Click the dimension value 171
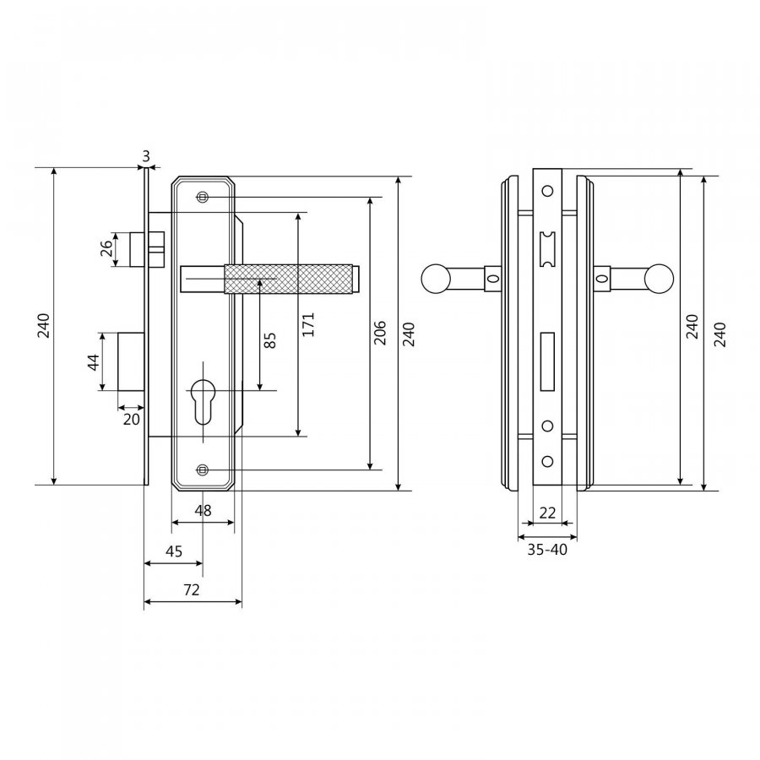pyautogui.click(x=308, y=324)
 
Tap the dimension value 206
pyautogui.click(x=380, y=333)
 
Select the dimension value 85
pyautogui.click(x=270, y=339)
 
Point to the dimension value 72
pyautogui.click(x=192, y=590)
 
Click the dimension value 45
pyautogui.click(x=174, y=551)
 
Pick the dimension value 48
pyautogui.click(x=203, y=510)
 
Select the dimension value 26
pyautogui.click(x=106, y=248)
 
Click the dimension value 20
pyautogui.click(x=132, y=419)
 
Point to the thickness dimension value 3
pyautogui.click(x=146, y=156)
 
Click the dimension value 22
pyautogui.click(x=547, y=513)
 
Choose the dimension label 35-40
pyautogui.click(x=547, y=550)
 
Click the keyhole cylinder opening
pyautogui.click(x=203, y=400)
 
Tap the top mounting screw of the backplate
pyautogui.click(x=203, y=197)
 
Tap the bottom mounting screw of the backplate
pyautogui.click(x=203, y=470)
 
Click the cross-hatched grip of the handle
pyautogui.click(x=289, y=280)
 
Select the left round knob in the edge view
pyautogui.click(x=436, y=280)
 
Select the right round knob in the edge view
pyautogui.click(x=659, y=280)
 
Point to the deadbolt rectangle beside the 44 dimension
pyautogui.click(x=132, y=361)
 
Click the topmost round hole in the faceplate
pyautogui.click(x=547, y=191)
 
